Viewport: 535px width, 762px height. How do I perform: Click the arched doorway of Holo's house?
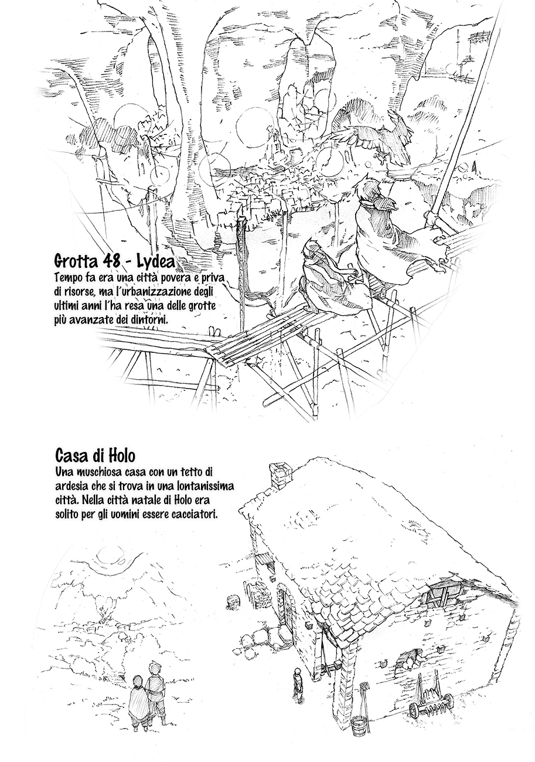[285, 605]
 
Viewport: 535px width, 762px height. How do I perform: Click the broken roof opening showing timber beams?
[439, 600]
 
